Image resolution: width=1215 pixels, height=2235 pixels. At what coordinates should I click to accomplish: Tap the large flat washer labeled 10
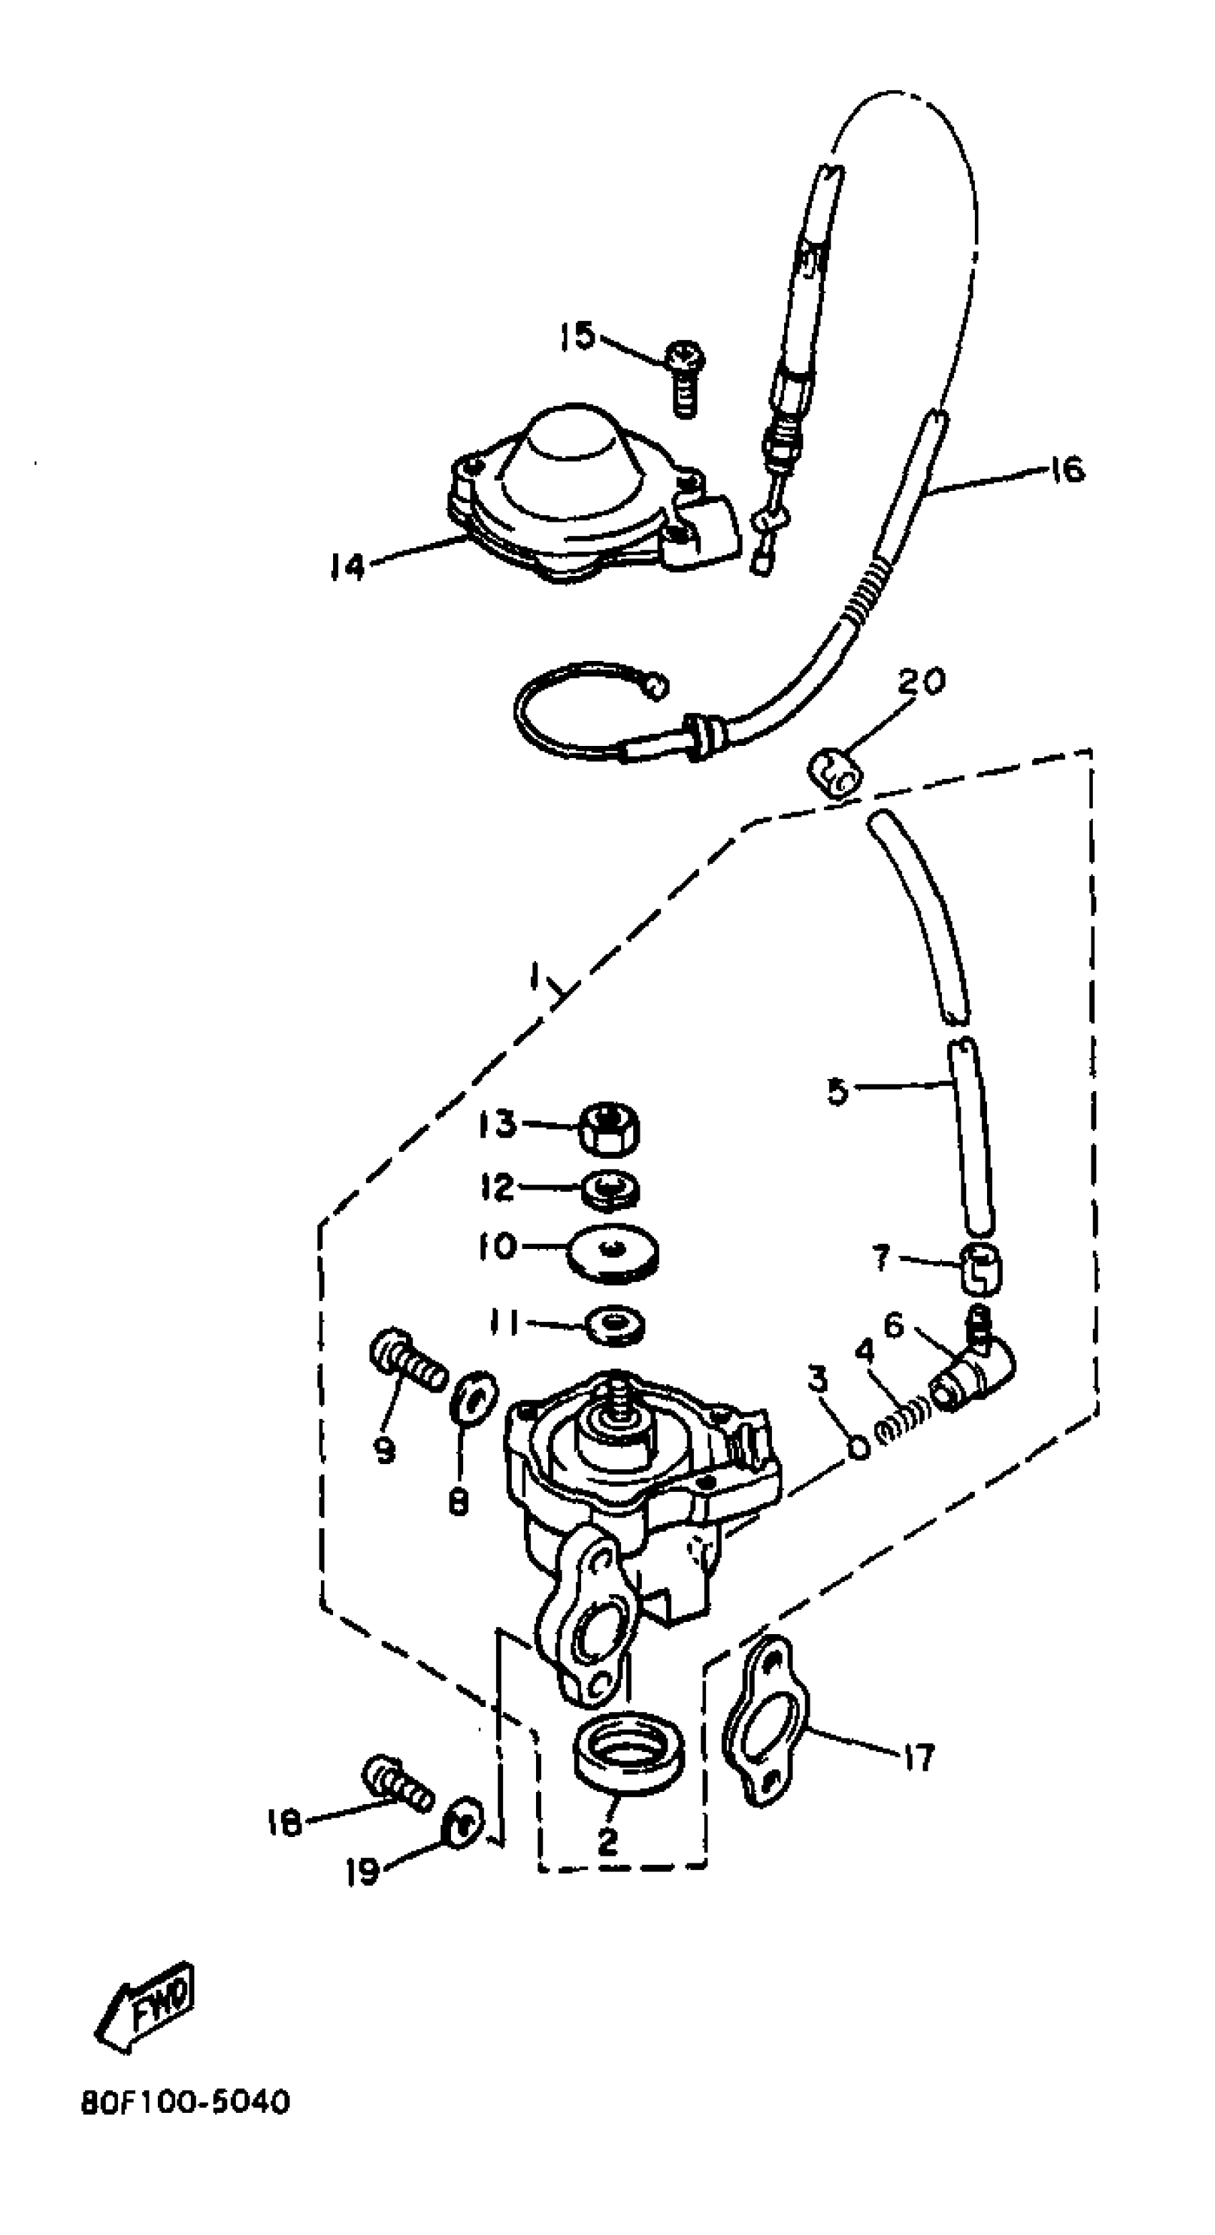point(613,1253)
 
